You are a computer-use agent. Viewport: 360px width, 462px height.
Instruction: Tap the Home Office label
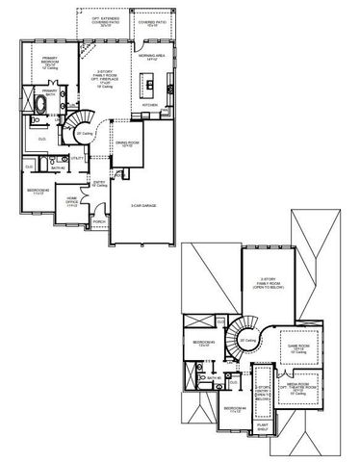(x=72, y=201)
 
